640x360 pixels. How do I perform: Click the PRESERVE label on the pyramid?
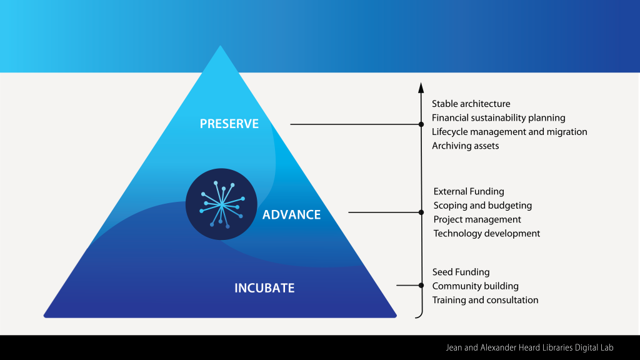click(x=229, y=124)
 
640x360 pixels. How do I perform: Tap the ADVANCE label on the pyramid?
click(x=291, y=215)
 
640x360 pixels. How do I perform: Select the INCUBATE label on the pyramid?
click(x=264, y=288)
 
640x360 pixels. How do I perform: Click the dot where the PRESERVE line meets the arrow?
click(x=421, y=124)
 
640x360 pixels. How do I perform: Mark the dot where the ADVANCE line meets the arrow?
click(x=421, y=212)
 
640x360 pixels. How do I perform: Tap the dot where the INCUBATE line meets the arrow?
click(x=421, y=286)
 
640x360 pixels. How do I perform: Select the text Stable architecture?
click(x=471, y=104)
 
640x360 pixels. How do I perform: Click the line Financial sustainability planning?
click(x=498, y=117)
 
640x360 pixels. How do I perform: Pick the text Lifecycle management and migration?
click(x=509, y=132)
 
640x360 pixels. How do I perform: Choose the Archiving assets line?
click(x=465, y=146)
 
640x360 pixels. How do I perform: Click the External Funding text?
click(x=469, y=191)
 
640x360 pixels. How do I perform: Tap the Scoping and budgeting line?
click(x=482, y=205)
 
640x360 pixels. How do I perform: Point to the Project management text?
click(x=477, y=219)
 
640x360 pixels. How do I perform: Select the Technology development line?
click(x=487, y=233)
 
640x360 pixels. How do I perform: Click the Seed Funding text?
click(x=461, y=272)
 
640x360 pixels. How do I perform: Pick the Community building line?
click(x=475, y=286)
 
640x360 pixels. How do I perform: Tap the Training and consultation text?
click(x=485, y=300)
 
